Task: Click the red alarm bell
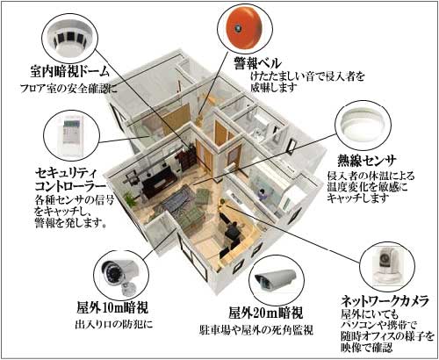coord(244,28)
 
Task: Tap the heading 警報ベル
coord(257,63)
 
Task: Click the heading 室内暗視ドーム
coord(70,71)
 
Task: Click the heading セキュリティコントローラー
coord(70,180)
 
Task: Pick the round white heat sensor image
coord(363,126)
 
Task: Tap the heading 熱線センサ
coord(367,161)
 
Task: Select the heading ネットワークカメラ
coord(385,300)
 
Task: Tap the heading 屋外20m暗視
coord(266,313)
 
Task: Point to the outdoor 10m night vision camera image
coord(119,276)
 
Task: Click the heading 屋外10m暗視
coord(112,307)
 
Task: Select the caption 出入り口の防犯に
coord(114,324)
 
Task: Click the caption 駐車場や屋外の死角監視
coord(256,330)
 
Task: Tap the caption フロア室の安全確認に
coord(68,88)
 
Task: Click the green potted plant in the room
coord(130,199)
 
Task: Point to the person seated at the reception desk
coord(233,231)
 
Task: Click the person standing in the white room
coord(262,196)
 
